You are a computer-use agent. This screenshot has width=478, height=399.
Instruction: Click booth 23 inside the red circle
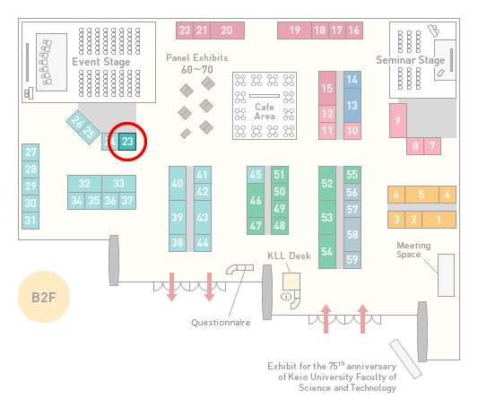(127, 142)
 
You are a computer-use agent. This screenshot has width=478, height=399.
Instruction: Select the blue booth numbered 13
(352, 106)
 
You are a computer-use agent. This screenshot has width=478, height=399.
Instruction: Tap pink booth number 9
(398, 120)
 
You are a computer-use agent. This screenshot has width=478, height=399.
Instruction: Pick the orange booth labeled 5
(422, 195)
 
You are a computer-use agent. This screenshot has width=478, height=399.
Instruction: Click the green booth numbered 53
(327, 217)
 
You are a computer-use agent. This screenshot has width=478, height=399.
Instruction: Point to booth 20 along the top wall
(227, 30)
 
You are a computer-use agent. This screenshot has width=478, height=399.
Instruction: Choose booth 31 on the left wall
(30, 220)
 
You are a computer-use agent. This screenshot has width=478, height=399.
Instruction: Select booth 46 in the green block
(256, 200)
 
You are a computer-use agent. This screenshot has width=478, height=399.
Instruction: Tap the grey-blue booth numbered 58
(352, 234)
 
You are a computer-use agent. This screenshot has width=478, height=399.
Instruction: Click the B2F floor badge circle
(44, 297)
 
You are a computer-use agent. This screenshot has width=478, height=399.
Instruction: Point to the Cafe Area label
(265, 111)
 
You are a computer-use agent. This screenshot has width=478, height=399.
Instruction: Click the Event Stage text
(101, 62)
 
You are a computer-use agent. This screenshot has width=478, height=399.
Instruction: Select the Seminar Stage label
(411, 60)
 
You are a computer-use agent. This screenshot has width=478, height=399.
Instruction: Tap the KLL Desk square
(291, 282)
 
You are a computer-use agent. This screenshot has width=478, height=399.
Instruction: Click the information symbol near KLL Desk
(286, 296)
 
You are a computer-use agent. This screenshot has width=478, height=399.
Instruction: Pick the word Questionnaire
(221, 323)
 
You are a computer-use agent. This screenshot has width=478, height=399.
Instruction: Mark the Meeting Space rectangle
(446, 275)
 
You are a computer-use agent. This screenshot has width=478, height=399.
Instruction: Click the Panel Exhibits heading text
(197, 57)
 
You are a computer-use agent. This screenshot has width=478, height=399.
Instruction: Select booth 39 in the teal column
(178, 217)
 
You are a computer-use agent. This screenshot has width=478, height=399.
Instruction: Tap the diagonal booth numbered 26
(77, 122)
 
